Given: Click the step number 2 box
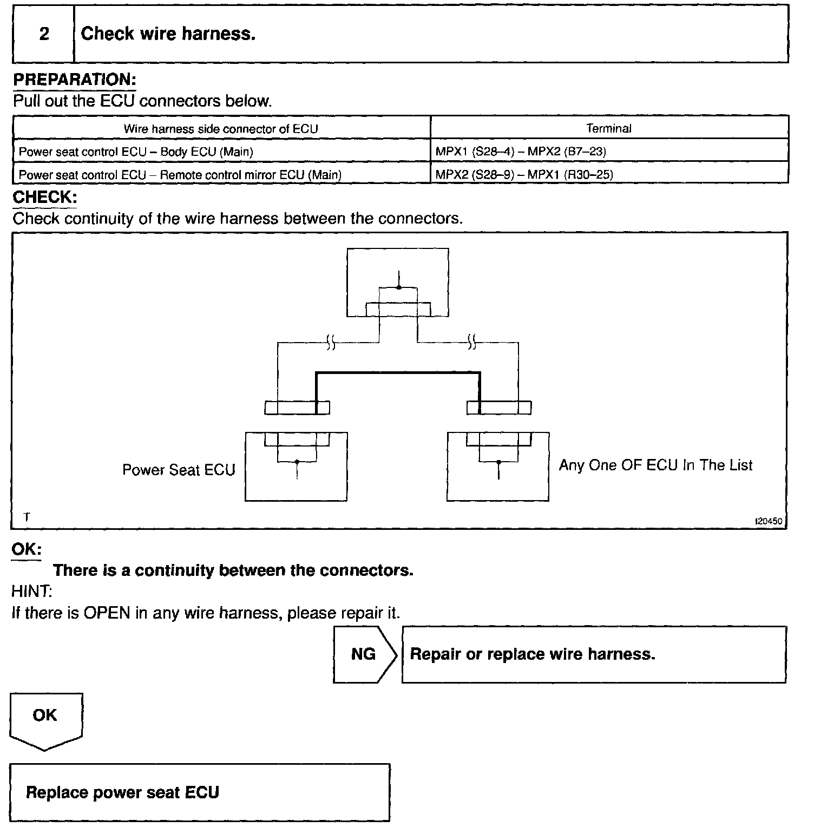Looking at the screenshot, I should point(44,34).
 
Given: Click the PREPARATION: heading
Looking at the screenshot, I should point(74,80).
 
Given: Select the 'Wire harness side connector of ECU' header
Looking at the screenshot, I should point(221,129).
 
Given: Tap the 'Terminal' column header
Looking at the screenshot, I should point(609,128).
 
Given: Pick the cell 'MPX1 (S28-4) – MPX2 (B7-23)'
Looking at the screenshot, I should point(521,152).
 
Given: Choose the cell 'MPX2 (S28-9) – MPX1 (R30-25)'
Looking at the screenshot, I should point(524,175).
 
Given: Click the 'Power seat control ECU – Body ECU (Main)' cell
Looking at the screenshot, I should point(136,152).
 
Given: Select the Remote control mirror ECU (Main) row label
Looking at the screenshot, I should point(180,175).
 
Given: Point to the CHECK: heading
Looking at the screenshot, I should point(44,197).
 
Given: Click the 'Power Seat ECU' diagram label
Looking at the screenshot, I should point(179,470).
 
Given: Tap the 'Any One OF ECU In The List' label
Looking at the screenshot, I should point(655,465).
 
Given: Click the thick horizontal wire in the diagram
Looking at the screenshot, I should point(398,373).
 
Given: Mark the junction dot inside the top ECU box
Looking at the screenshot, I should point(399,287).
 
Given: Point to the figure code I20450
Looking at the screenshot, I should point(769,521).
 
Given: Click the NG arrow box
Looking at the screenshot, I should point(364,654).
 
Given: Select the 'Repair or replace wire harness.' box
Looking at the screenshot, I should point(594,654).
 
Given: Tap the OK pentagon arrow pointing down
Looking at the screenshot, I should point(45,720).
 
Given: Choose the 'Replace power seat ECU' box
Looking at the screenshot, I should point(199,792).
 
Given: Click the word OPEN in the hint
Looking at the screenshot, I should point(107,613).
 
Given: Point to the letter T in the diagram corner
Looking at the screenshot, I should point(27,517).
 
